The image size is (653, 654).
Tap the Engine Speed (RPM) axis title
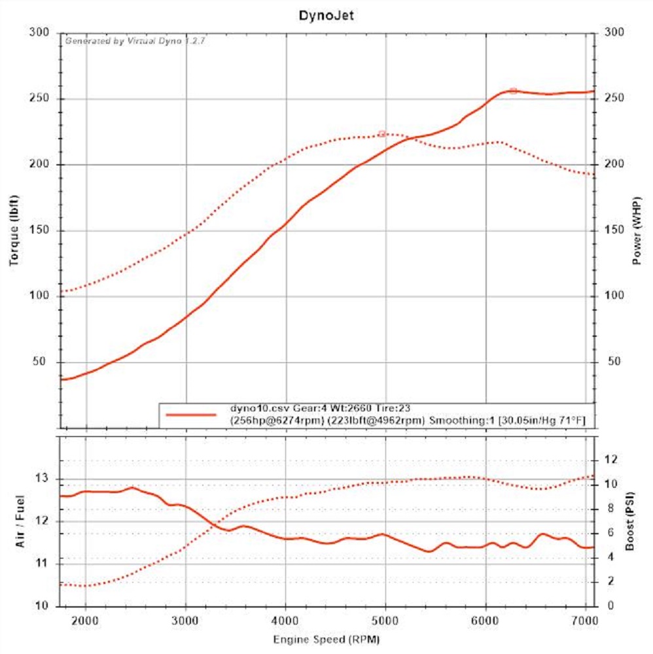(x=327, y=638)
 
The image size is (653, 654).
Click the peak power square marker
(x=513, y=91)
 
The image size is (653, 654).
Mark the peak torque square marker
(x=382, y=134)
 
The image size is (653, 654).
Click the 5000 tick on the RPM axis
(x=386, y=619)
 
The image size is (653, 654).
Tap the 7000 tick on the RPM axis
(x=586, y=619)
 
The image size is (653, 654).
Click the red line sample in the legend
(x=191, y=414)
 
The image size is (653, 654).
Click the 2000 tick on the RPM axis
(x=86, y=619)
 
